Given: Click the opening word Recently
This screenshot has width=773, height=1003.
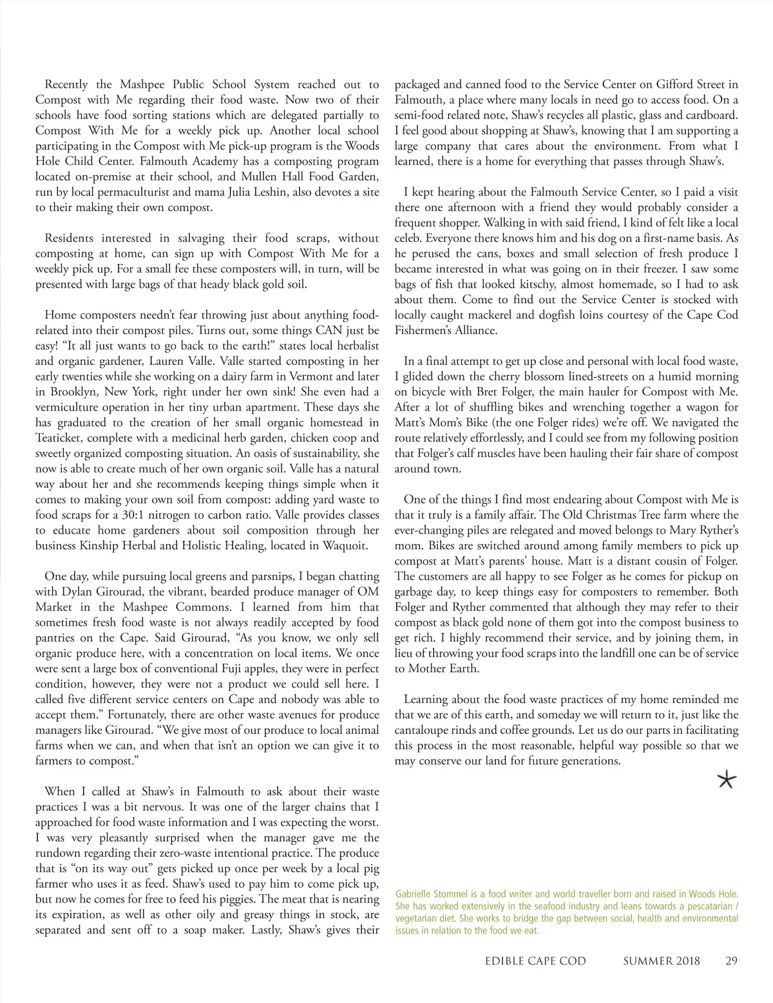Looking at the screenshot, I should (68, 84).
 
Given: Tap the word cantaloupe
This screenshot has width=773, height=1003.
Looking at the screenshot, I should (432, 730).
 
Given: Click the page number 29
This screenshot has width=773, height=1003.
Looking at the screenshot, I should (731, 961).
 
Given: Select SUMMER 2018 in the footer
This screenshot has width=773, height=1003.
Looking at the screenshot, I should (662, 961).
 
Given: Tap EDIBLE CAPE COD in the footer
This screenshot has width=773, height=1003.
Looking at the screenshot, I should (536, 961).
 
